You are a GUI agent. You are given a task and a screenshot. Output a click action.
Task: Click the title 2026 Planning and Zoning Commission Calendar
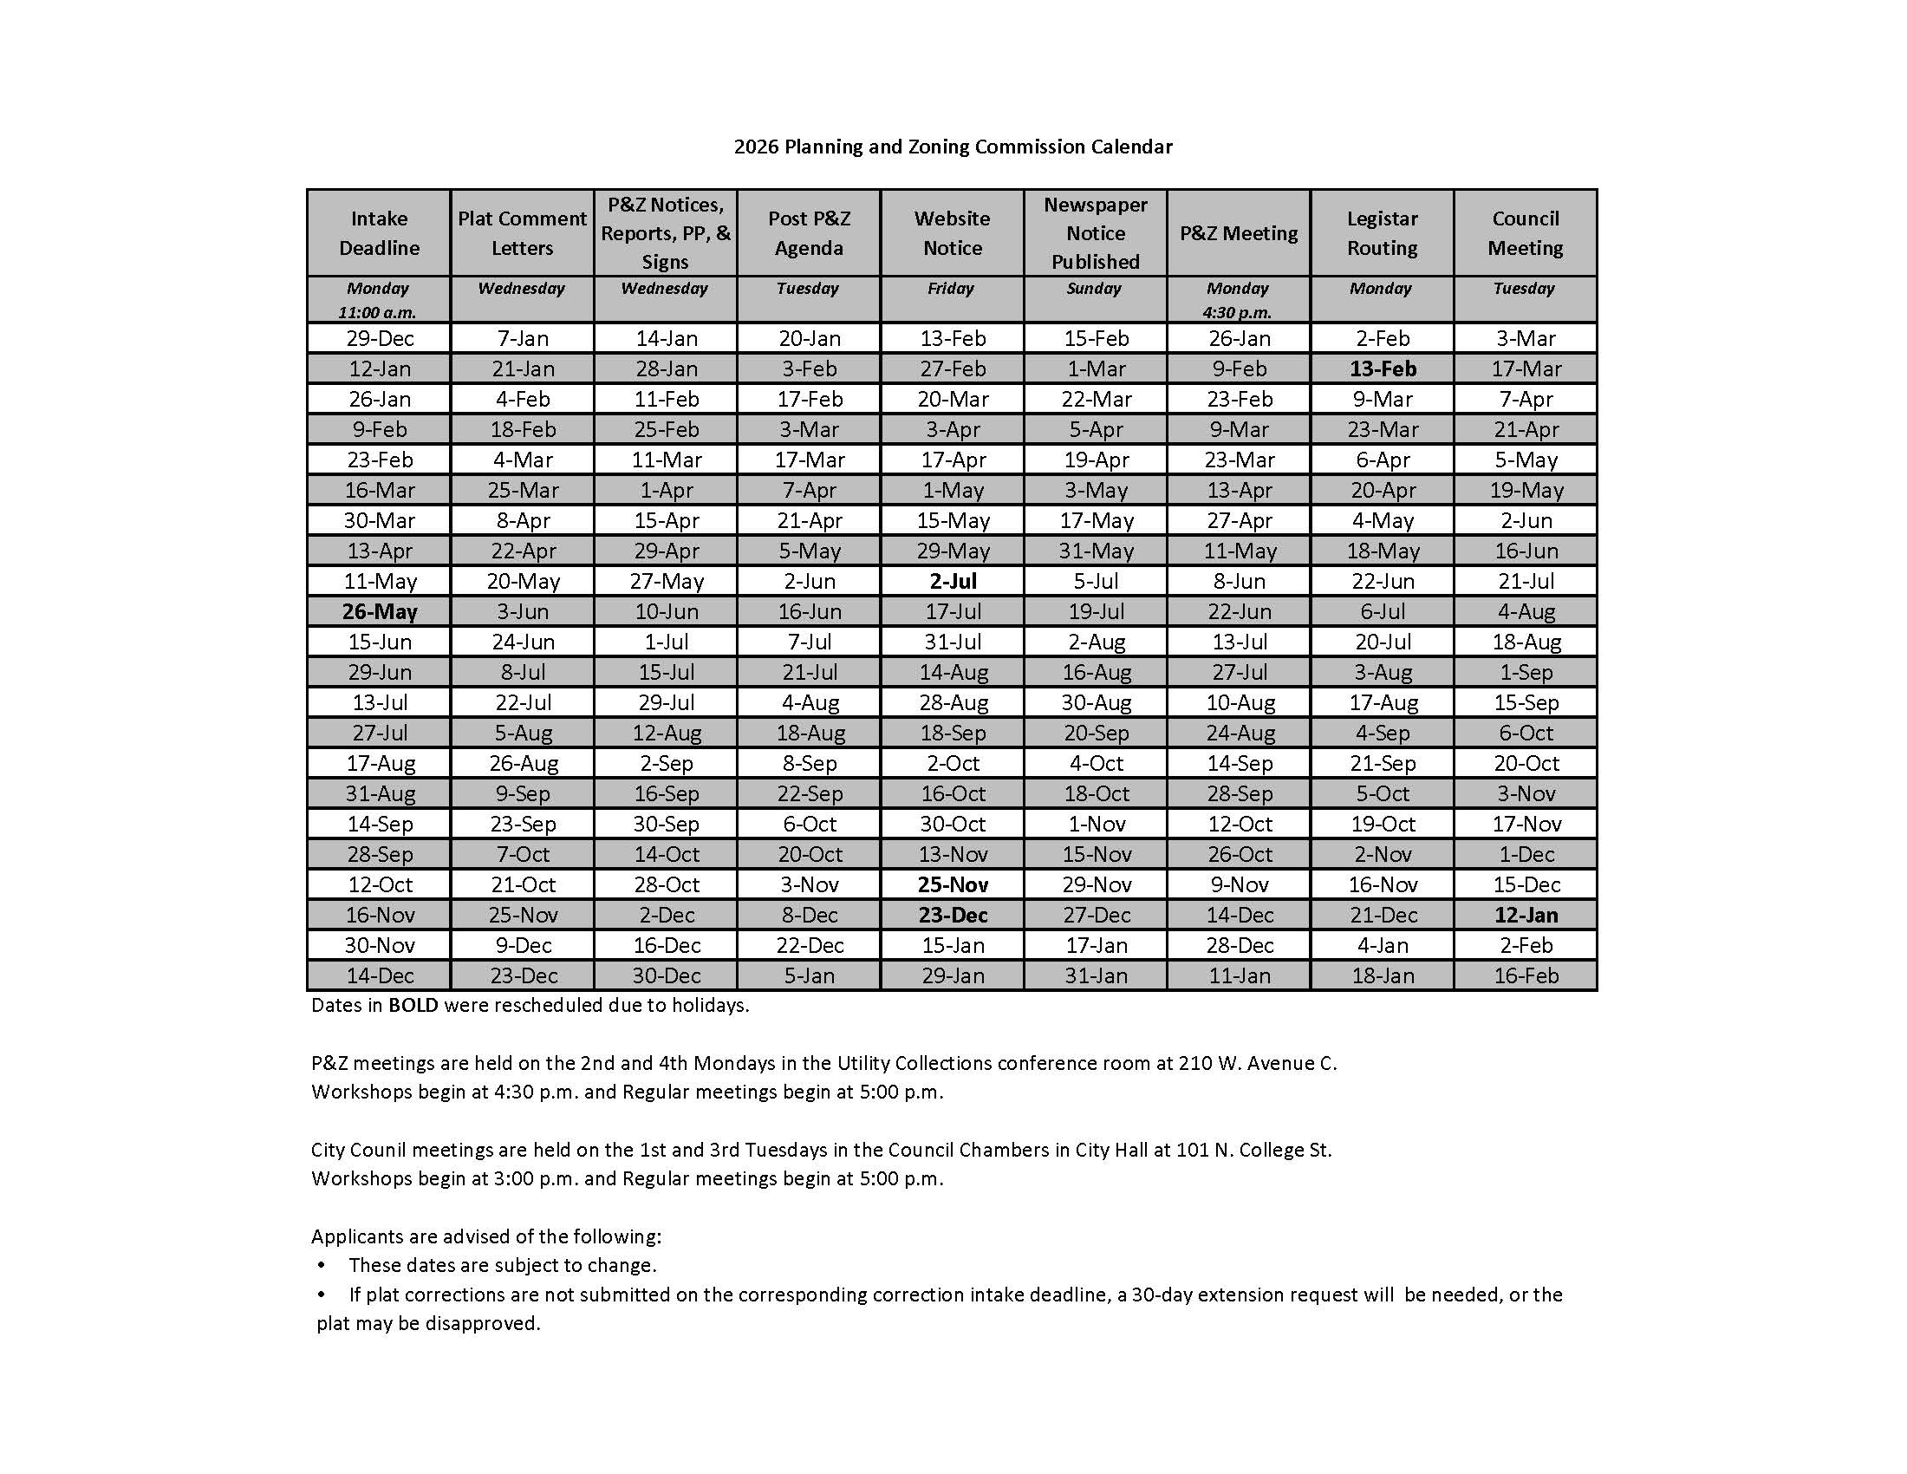pyautogui.click(x=953, y=147)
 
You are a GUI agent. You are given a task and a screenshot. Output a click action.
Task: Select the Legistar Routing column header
pyautogui.click(x=1382, y=233)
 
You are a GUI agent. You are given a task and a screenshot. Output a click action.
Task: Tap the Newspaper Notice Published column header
pyautogui.click(x=1095, y=233)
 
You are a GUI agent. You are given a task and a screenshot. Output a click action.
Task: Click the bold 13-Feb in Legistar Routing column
pyautogui.click(x=1383, y=368)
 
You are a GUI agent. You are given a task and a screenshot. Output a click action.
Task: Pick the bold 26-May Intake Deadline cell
pyautogui.click(x=380, y=611)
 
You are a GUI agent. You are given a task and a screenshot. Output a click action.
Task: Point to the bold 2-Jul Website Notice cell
pyautogui.click(x=953, y=581)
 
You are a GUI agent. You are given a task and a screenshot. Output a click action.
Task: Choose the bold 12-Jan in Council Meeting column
pyautogui.click(x=1526, y=915)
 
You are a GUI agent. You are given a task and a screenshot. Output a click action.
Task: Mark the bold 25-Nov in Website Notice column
pyautogui.click(x=953, y=884)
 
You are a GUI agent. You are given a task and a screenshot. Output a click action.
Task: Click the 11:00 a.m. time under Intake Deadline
pyautogui.click(x=377, y=313)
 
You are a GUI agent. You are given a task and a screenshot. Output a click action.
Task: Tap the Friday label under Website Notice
pyautogui.click(x=951, y=288)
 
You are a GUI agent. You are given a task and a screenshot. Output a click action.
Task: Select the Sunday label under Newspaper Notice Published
pyautogui.click(x=1094, y=288)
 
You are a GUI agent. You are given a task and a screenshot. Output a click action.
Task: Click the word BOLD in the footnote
pyautogui.click(x=413, y=1005)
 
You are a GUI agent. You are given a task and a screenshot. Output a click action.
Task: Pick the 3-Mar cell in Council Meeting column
pyautogui.click(x=1526, y=338)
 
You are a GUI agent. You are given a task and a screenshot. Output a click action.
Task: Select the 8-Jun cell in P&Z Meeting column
pyautogui.click(x=1239, y=581)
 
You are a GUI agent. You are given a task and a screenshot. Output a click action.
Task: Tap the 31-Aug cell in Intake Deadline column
pyautogui.click(x=380, y=793)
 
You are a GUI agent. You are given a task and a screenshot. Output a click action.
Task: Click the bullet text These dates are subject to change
pyautogui.click(x=502, y=1265)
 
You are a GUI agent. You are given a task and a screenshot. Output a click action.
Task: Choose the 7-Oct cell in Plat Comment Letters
pyautogui.click(x=523, y=854)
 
